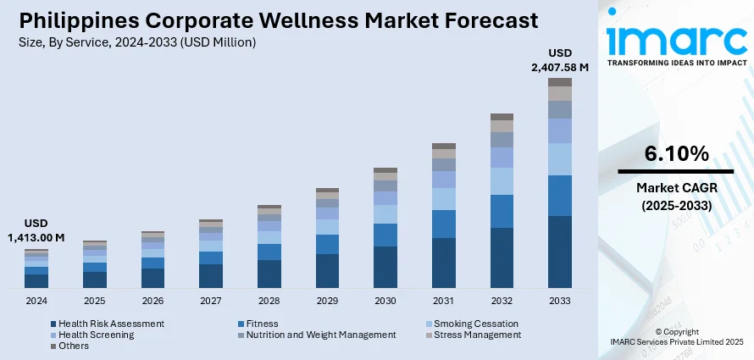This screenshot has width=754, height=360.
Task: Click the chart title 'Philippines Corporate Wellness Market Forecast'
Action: coord(276,20)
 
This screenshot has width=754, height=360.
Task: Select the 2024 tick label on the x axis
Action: coord(36,301)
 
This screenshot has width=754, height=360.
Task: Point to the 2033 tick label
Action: coord(560,301)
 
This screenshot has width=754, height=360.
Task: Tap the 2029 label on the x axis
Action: coord(327,301)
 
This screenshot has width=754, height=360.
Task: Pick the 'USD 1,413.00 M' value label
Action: coord(36,230)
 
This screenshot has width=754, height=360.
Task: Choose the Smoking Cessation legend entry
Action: coord(475,324)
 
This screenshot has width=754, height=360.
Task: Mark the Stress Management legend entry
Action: coord(477,335)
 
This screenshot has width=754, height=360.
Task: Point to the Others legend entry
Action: coord(73,346)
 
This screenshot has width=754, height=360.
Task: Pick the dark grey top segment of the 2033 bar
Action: coord(560,82)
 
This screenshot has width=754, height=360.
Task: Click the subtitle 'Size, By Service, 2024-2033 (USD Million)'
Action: coord(136,42)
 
